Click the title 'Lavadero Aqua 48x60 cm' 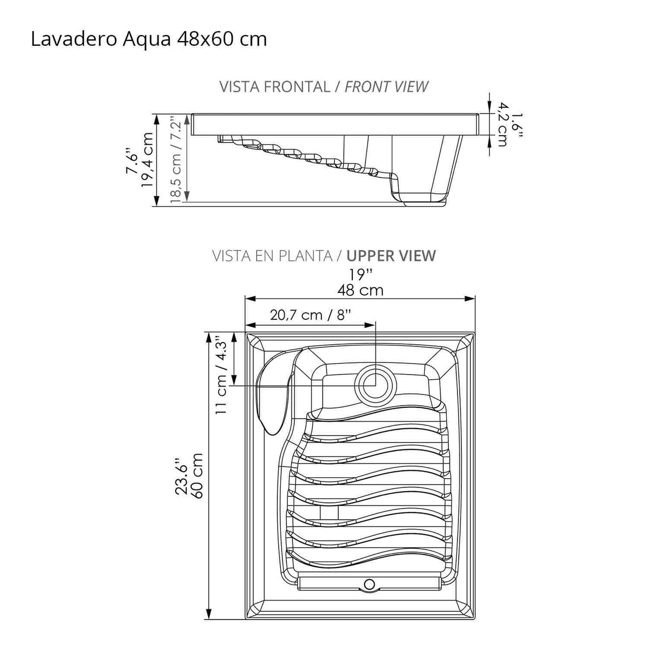tap(149, 39)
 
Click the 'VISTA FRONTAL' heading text tap(275, 86)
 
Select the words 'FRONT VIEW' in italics tap(386, 86)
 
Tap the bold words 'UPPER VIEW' tap(391, 256)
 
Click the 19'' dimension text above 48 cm tap(361, 274)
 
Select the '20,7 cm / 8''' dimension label tap(311, 314)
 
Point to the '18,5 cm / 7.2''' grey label tap(176, 159)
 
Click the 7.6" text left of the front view tap(131, 161)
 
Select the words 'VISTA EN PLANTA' tap(272, 256)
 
